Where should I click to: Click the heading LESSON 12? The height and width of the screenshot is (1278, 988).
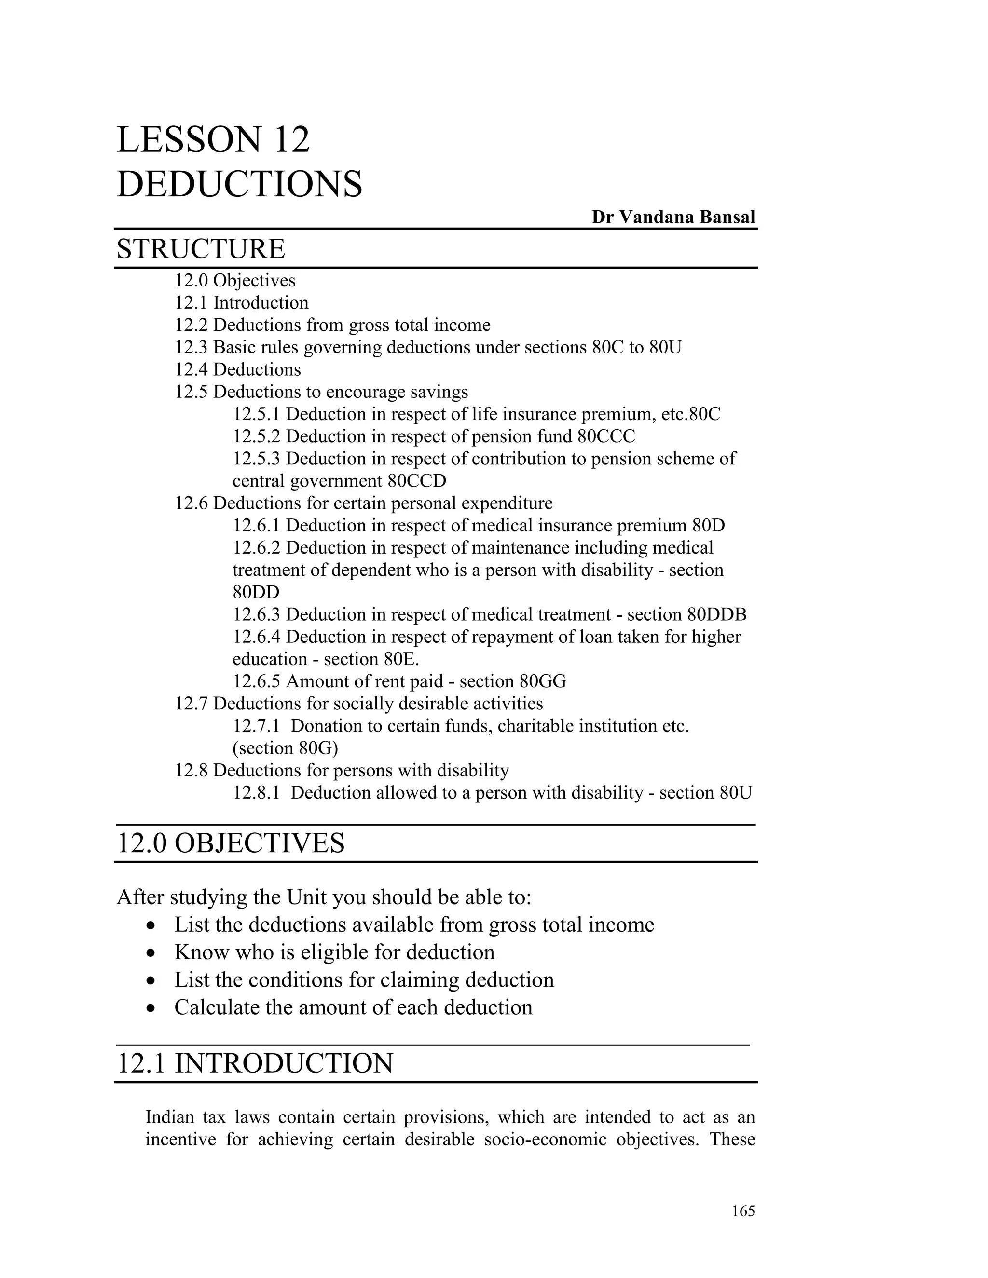pos(213,140)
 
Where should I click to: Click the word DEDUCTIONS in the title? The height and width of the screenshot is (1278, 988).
pos(239,184)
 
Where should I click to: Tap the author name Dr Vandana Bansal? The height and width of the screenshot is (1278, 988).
pos(673,217)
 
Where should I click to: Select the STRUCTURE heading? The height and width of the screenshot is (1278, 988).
pos(201,249)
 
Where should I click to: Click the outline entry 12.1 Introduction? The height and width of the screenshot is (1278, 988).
pos(242,302)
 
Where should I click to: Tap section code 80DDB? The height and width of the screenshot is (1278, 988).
pos(717,614)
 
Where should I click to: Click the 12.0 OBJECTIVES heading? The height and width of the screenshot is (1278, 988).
pos(231,844)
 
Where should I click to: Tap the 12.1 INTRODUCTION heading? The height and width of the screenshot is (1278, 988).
pos(255,1064)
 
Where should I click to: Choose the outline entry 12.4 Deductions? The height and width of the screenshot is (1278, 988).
pos(238,369)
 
